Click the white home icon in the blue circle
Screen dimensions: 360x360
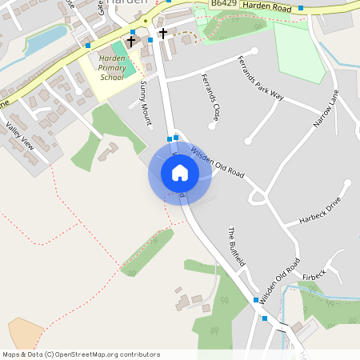click(179, 172)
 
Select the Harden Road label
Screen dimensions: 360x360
click(268, 8)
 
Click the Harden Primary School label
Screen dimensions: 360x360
click(114, 69)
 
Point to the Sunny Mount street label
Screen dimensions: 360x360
click(145, 103)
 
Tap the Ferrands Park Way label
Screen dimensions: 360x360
click(261, 78)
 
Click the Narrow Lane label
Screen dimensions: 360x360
click(326, 107)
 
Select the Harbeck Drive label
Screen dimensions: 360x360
click(320, 210)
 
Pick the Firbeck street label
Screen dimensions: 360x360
click(314, 275)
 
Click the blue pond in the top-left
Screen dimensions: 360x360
click(46, 38)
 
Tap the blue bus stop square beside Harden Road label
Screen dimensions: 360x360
click(301, 8)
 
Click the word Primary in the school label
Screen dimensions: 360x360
click(114, 69)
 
